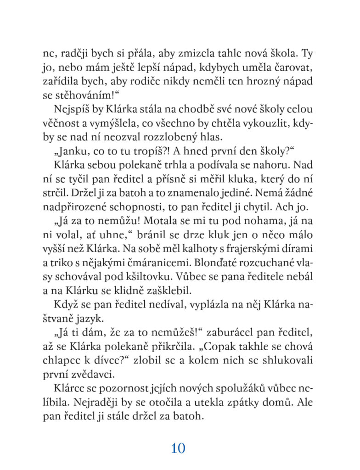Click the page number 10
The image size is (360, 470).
[178, 448]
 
